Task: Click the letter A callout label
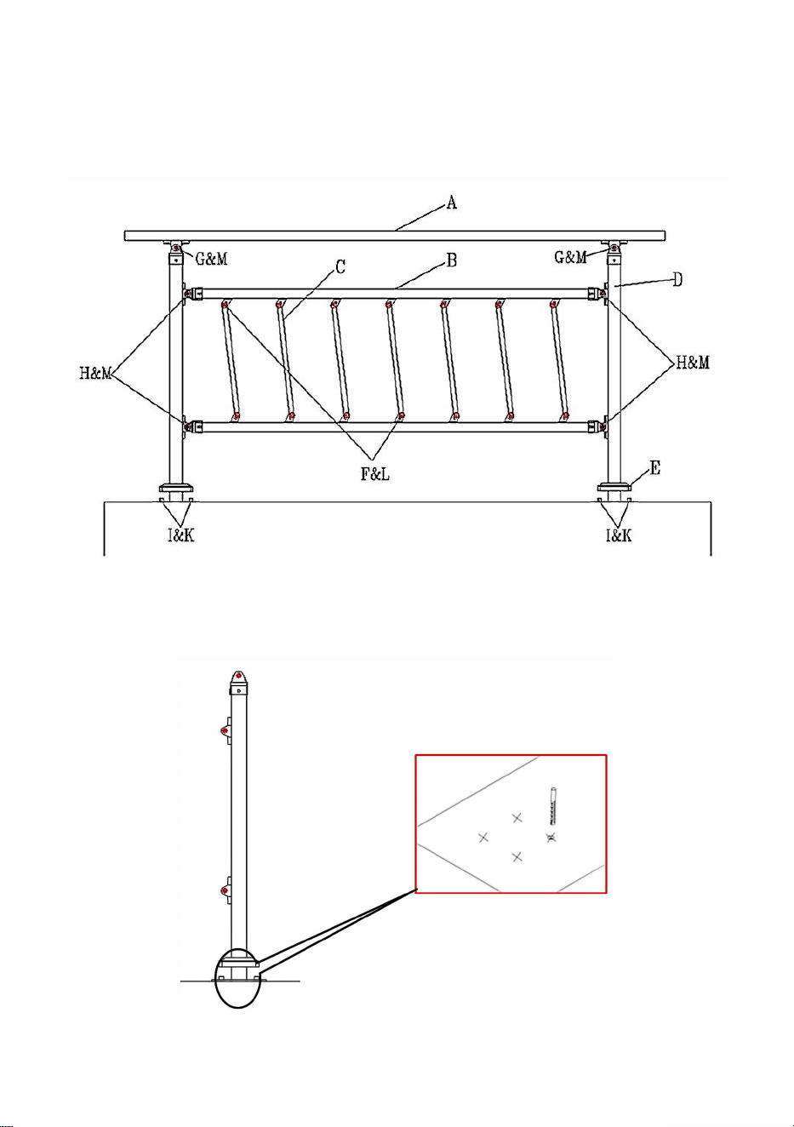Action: click(452, 203)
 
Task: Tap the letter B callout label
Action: click(452, 260)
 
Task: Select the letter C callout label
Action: click(340, 266)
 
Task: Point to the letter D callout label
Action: click(677, 280)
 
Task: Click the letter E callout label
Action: click(654, 468)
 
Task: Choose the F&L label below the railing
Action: click(374, 474)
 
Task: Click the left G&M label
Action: click(211, 259)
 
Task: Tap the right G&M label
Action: click(570, 257)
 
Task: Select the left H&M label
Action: click(95, 374)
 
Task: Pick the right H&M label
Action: click(693, 363)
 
